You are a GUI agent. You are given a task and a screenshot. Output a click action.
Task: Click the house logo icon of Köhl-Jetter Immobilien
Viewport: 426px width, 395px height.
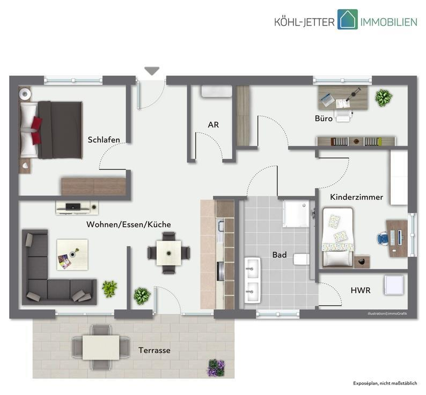(x=348, y=19)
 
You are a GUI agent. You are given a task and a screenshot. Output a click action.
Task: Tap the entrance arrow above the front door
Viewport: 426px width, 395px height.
(x=152, y=71)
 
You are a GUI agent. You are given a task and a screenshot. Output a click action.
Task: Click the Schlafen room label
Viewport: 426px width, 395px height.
(x=104, y=140)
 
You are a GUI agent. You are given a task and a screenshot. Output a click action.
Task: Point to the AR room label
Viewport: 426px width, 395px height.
(x=214, y=124)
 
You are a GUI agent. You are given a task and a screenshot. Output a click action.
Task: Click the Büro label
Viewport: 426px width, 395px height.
(x=324, y=118)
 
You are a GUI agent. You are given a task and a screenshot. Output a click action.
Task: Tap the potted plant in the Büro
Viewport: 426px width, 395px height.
(x=384, y=98)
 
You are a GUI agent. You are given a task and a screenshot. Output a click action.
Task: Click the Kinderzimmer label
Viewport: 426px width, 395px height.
(x=356, y=197)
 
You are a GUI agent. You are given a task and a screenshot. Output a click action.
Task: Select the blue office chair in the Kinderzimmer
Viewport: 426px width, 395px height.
(x=383, y=239)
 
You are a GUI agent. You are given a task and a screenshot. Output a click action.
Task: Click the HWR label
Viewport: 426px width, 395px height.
(x=361, y=290)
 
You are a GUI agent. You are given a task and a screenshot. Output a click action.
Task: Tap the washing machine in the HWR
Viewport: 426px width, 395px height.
(x=394, y=285)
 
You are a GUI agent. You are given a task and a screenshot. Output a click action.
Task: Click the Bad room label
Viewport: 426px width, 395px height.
(x=280, y=255)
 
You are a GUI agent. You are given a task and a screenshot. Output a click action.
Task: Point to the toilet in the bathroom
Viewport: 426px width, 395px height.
(x=302, y=259)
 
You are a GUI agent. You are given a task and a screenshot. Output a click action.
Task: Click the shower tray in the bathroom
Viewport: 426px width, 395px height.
(x=296, y=214)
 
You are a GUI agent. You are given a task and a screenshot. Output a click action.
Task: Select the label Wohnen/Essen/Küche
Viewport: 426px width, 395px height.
(x=129, y=225)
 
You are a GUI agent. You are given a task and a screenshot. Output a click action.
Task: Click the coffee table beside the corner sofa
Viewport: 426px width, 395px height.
(x=72, y=255)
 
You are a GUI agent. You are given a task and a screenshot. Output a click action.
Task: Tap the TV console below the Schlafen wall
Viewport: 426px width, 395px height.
(x=77, y=207)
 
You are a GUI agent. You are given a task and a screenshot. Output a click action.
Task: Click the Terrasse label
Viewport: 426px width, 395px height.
(x=155, y=350)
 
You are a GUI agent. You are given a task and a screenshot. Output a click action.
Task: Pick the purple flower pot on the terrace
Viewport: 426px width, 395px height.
(x=216, y=368)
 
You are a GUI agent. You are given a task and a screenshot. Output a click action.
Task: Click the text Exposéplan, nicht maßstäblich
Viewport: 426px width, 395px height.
(x=385, y=383)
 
